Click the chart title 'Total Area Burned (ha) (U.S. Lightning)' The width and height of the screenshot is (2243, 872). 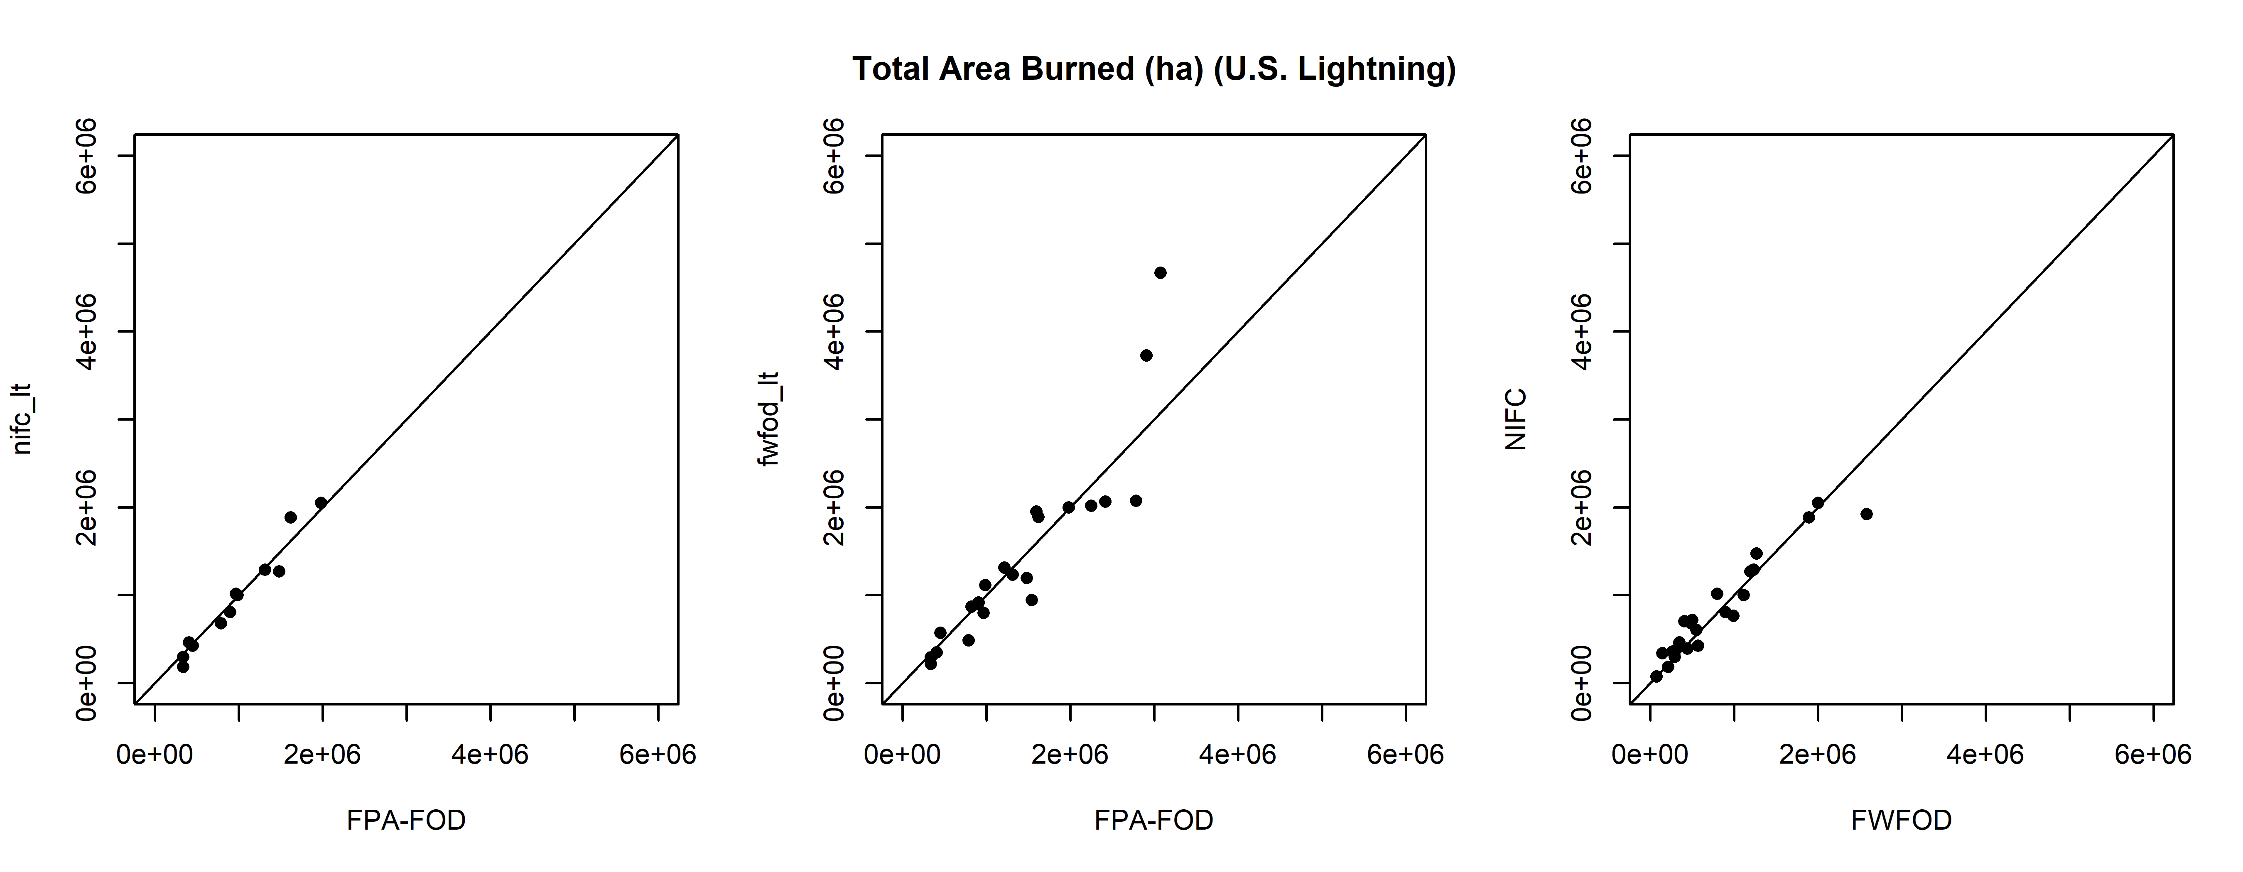tap(1154, 69)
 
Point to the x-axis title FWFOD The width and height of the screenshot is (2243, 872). tap(1901, 820)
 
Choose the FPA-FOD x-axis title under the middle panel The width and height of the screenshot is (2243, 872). tap(1154, 820)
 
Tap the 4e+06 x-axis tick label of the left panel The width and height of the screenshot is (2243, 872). tap(490, 754)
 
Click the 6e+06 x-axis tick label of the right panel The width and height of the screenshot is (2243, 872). tap(2152, 754)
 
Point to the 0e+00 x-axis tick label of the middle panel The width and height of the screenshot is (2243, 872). tap(902, 754)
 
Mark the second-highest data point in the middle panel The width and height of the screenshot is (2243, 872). tap(1146, 355)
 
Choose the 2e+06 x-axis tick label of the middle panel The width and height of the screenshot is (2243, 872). tap(1069, 754)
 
